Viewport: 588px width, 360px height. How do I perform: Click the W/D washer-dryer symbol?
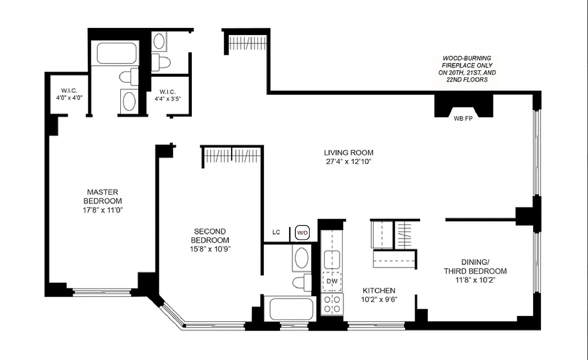[302, 233]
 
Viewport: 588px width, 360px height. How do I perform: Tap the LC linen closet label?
[276, 233]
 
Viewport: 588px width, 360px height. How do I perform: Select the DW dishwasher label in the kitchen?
[332, 281]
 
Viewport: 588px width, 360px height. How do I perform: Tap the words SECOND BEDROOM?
[210, 236]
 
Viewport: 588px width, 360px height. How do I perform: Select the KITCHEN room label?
[379, 291]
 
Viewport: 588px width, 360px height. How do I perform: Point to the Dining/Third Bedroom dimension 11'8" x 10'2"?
[481, 279]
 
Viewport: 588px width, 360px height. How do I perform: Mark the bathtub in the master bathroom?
[117, 54]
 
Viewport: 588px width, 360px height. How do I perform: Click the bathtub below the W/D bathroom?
[291, 309]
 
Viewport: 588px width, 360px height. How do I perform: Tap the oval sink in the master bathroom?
[129, 102]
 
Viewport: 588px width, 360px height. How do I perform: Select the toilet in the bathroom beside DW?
[301, 283]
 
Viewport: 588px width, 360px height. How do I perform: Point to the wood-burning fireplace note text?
[466, 68]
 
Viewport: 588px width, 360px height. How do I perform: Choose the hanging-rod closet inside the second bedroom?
[231, 156]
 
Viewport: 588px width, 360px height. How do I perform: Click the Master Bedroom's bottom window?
[102, 292]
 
